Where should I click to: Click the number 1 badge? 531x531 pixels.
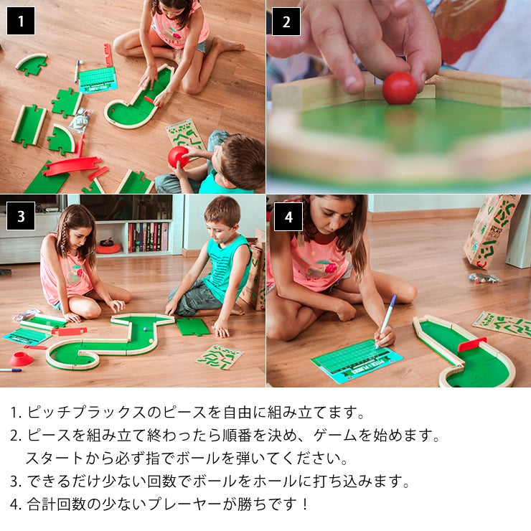point(21,21)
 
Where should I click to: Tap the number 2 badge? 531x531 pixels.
point(286,21)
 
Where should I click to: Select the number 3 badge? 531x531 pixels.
point(21,215)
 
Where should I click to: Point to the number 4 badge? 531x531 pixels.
point(288,216)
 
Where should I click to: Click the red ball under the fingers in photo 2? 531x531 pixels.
point(399,88)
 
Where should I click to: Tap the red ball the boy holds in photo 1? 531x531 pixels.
point(178,156)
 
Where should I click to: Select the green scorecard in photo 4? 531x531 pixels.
point(356,358)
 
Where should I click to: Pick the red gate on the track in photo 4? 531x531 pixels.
point(472,344)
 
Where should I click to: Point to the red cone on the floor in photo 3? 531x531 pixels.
point(21,358)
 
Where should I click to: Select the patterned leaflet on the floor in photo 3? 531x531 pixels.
point(219,356)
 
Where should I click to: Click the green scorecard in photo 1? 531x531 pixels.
point(98,79)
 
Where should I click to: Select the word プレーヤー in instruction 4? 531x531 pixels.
point(183,504)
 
